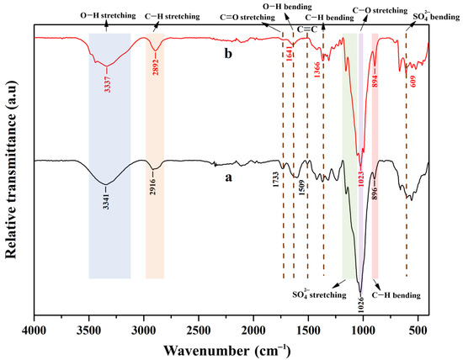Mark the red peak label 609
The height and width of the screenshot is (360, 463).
coord(412,82)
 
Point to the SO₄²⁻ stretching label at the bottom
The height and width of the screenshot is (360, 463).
coord(319,294)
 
